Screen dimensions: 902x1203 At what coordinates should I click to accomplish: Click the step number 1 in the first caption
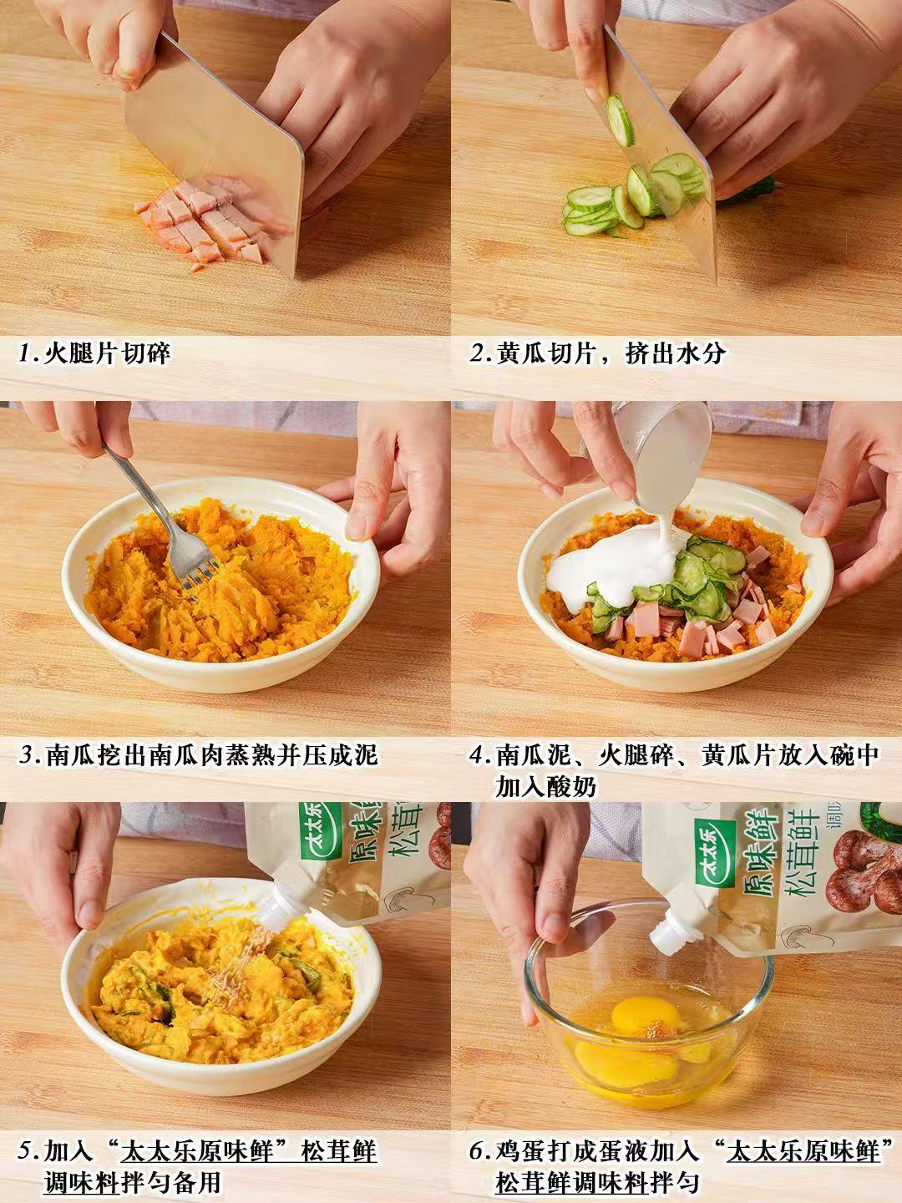[x=25, y=353]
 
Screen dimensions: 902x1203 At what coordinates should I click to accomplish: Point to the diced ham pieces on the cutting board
[x=203, y=222]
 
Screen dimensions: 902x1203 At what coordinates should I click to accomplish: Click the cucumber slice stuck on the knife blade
[x=620, y=120]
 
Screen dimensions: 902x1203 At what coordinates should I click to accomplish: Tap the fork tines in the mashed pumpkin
[x=197, y=573]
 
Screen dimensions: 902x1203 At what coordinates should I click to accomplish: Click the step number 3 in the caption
[x=26, y=755]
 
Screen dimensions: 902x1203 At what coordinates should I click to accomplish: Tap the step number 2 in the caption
[x=476, y=353]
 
